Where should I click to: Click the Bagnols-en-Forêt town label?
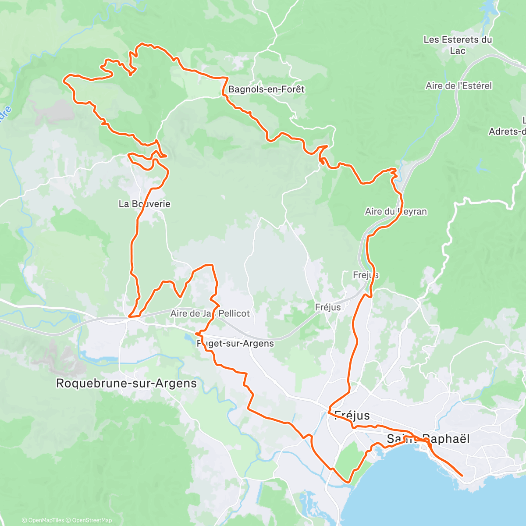click(x=266, y=89)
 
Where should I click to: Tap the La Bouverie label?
click(x=144, y=204)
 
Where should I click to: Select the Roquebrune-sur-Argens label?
click(x=126, y=384)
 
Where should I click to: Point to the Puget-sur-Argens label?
click(x=235, y=344)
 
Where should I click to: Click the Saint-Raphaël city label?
click(x=428, y=439)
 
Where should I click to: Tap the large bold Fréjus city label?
click(x=352, y=416)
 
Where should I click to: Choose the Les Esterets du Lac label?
click(x=458, y=45)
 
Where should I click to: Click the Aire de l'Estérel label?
click(x=458, y=86)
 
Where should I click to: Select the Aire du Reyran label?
click(x=396, y=212)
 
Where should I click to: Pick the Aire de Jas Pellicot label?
click(x=210, y=313)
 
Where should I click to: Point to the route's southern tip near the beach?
click(x=349, y=482)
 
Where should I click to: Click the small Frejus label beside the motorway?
click(x=366, y=275)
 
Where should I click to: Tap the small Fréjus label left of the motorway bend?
click(x=328, y=307)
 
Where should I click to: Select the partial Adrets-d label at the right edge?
click(x=508, y=131)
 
